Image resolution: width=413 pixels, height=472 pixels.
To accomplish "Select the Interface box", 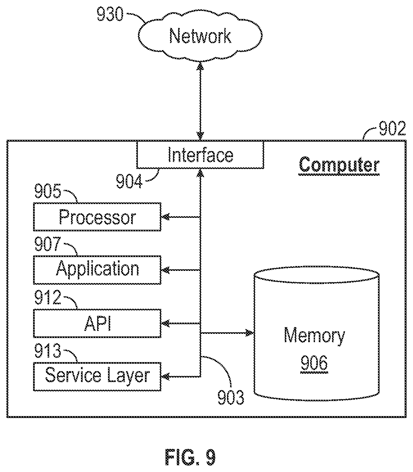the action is [200, 155].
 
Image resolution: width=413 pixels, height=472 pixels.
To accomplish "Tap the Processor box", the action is [97, 217].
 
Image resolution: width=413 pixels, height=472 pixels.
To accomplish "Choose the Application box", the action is [97, 270].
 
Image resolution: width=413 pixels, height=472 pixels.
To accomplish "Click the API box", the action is [97, 324].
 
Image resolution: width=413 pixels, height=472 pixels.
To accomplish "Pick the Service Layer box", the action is [97, 377].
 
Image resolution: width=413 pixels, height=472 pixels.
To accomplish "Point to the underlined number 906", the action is [314, 363].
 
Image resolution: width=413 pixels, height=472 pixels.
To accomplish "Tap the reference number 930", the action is [110, 14].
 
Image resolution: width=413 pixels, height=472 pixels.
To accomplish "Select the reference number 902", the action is [392, 128].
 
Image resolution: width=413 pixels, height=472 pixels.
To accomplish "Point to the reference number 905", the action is [48, 191].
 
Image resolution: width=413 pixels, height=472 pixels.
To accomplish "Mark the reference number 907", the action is [48, 244].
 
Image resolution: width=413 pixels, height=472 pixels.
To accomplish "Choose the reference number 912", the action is [48, 297].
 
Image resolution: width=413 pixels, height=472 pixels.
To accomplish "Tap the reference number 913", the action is [48, 351].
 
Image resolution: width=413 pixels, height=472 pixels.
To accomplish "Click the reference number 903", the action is [231, 397].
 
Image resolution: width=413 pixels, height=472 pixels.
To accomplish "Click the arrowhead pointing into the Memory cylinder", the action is [250, 333].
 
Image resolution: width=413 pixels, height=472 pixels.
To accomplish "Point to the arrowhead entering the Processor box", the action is [165, 217].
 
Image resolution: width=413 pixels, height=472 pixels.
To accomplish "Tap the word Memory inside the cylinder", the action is [314, 336].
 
